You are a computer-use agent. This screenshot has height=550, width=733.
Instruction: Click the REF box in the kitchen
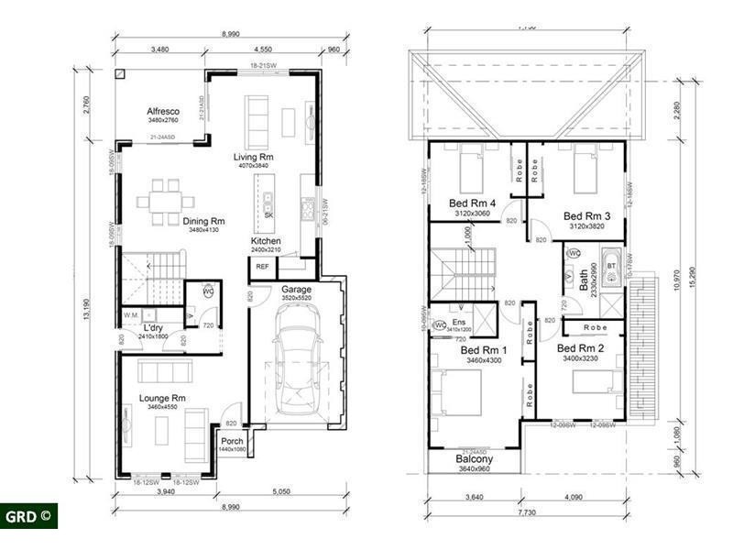[x=262, y=267]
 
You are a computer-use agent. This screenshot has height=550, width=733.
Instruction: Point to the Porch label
[x=232, y=441]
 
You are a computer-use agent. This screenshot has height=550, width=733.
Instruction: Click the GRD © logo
[x=29, y=515]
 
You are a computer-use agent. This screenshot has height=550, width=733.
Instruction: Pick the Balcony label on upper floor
[x=475, y=459]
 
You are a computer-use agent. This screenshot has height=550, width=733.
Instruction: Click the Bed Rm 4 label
[x=473, y=203]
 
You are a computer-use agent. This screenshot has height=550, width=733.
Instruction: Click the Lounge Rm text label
[x=162, y=398]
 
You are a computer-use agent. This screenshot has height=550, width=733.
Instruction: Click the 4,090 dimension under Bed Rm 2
[x=574, y=499]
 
